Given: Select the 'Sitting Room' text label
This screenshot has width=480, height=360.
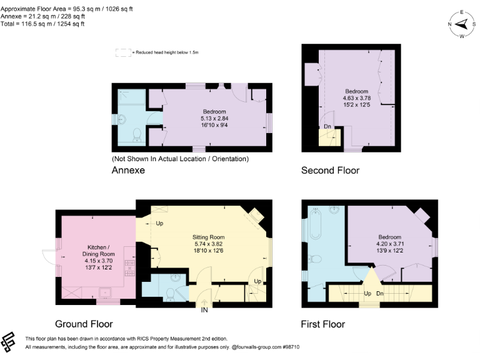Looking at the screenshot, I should [x=208, y=237].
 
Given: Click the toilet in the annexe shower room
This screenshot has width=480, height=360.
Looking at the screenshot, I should [x=137, y=136].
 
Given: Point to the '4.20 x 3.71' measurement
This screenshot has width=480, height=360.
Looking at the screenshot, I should [x=389, y=244].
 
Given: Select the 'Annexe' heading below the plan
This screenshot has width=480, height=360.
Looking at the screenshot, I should [x=128, y=170].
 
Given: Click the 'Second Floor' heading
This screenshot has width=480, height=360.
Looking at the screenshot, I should [x=330, y=170].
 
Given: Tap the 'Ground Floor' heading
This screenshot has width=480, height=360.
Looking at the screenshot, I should [x=84, y=324].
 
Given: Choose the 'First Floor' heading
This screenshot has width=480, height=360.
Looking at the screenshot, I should [x=323, y=324].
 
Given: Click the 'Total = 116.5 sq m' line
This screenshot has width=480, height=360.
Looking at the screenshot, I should [x=42, y=24].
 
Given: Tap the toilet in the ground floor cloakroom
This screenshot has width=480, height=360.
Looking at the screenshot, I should [x=171, y=296].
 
